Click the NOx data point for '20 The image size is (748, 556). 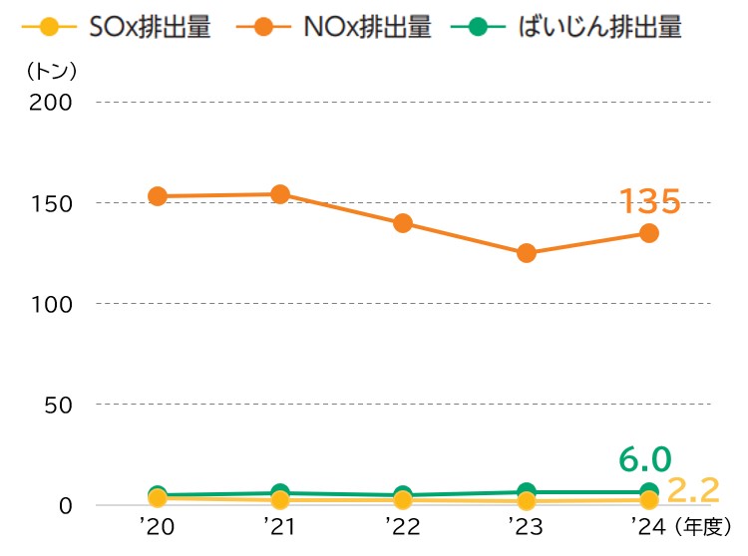click(x=157, y=196)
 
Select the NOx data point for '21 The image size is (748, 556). click(x=280, y=194)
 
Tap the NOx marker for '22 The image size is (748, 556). click(x=403, y=223)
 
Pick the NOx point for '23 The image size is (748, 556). click(x=526, y=253)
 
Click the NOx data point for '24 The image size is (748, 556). click(x=649, y=233)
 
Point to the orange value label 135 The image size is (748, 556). click(x=649, y=201)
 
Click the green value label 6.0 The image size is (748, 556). click(x=644, y=459)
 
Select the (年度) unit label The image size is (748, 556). click(x=703, y=525)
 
